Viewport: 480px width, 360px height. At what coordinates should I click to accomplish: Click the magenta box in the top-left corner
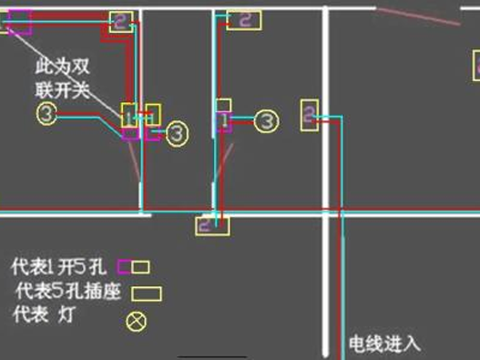(20, 21)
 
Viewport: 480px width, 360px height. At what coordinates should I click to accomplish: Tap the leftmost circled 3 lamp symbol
(47, 113)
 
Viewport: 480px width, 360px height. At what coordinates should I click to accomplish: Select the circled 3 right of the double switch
(177, 134)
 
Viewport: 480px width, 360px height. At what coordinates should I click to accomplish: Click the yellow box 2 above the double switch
(120, 23)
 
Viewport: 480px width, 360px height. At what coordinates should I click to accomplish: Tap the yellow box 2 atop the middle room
(243, 19)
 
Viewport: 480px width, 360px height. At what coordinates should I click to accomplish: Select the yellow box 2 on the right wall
(310, 115)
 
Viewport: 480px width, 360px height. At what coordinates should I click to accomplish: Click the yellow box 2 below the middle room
(211, 224)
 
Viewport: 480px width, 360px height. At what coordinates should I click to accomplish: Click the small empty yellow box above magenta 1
(223, 105)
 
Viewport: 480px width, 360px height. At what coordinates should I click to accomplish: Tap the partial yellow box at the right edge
(475, 66)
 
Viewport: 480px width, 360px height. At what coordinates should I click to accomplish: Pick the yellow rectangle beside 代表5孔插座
(147, 293)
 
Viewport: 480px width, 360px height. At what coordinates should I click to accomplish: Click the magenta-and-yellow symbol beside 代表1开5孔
(134, 268)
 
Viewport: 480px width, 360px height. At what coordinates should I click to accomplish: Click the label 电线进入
(385, 345)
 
